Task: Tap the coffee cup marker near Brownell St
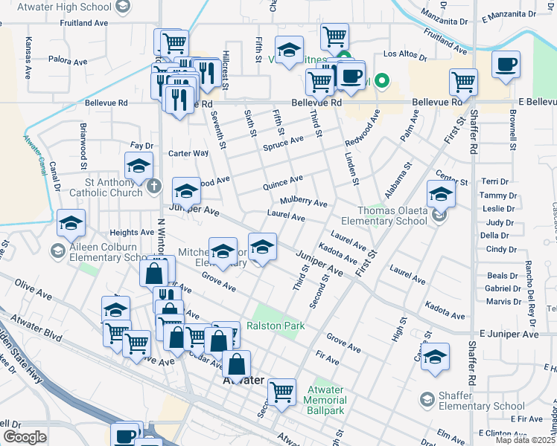[x=506, y=64]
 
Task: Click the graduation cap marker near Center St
[x=441, y=194]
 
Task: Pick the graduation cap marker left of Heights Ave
[x=71, y=222]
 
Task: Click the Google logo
[x=25, y=436]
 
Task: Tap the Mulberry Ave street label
[x=304, y=203]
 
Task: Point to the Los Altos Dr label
[x=405, y=54]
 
